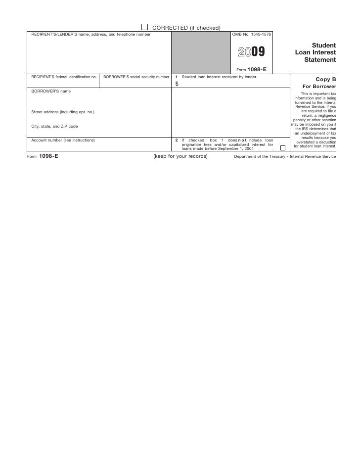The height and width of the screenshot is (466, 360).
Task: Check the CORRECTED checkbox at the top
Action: click(144, 27)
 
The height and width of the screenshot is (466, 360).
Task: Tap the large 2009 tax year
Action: click(251, 52)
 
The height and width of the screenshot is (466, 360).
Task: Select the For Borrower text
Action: click(319, 87)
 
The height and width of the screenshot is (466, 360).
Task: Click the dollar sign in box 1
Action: click(177, 84)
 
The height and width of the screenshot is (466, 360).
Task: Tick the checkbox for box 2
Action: click(283, 147)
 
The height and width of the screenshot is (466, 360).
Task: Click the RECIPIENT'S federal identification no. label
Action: click(64, 77)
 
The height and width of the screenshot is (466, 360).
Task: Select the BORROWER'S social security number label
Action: click(136, 77)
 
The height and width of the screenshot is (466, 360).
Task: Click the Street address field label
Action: click(63, 112)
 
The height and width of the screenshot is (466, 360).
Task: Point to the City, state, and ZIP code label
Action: click(54, 127)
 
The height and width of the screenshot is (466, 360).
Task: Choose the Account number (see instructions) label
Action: click(63, 140)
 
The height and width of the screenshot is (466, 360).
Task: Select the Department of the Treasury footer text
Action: click(285, 156)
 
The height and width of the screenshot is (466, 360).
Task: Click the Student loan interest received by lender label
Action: click(219, 77)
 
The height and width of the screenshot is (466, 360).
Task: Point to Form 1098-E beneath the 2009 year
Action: click(252, 69)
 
